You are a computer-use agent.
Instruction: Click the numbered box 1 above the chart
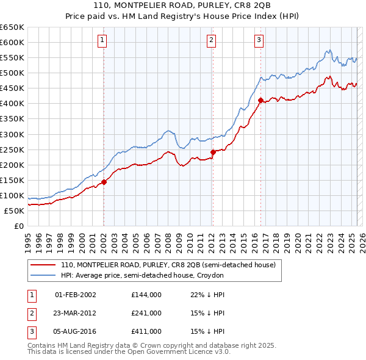click(102, 41)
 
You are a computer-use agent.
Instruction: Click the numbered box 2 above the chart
click(211, 41)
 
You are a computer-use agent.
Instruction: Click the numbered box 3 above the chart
click(259, 41)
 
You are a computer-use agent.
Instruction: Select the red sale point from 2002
click(104, 181)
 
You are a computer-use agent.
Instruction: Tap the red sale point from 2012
click(213, 152)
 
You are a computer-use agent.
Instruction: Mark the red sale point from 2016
click(260, 100)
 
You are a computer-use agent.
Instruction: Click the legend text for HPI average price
click(143, 276)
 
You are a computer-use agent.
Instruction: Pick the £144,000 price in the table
click(146, 295)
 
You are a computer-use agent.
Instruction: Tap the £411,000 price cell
click(146, 331)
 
